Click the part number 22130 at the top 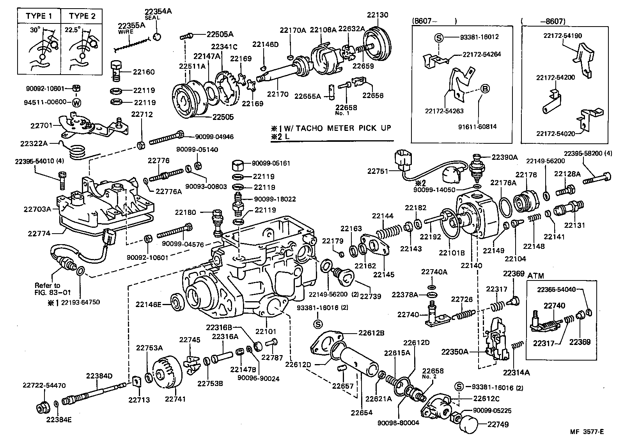pos(378,15)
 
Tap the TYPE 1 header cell pos(39,16)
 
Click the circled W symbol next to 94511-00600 pos(76,103)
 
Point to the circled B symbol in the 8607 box pos(486,89)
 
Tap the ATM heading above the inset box pos(535,276)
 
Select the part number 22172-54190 pos(562,36)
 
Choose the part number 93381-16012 pos(479,37)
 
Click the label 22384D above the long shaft pos(99,376)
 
